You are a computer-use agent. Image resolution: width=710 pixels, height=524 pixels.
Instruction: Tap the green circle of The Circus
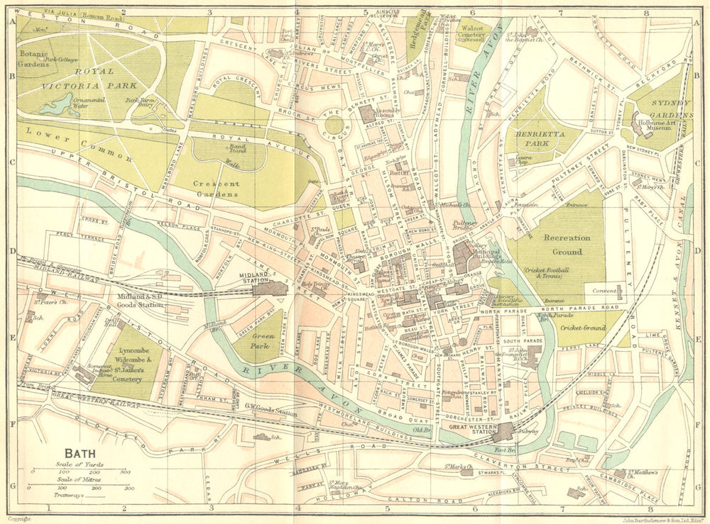pos(334,128)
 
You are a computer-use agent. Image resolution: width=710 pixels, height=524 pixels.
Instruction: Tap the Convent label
pos(601,289)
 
